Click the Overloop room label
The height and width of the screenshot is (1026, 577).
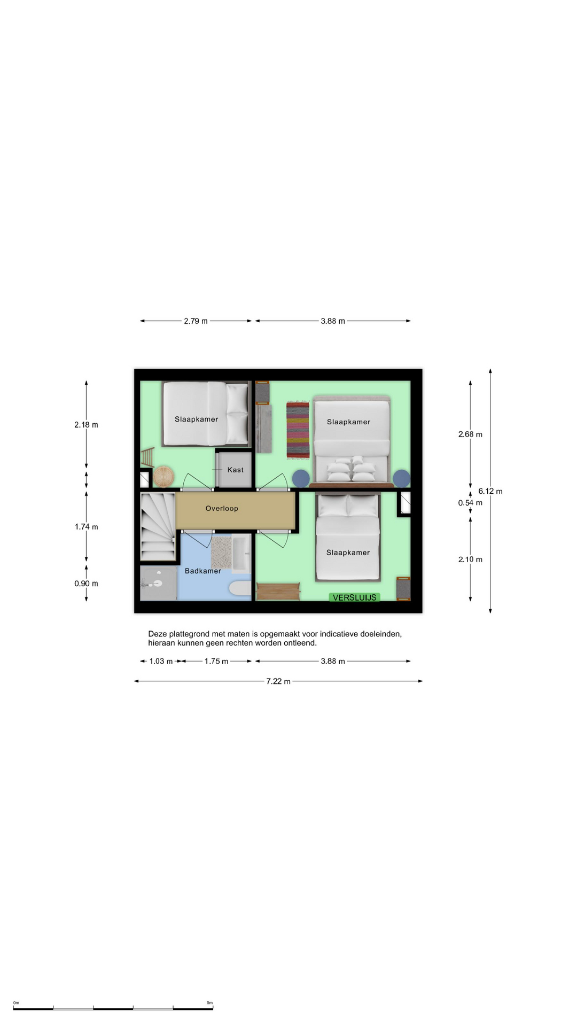[222, 508]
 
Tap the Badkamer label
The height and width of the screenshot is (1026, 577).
[202, 571]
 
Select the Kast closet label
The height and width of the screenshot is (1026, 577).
[235, 470]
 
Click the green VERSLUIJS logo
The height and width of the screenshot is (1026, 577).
[355, 597]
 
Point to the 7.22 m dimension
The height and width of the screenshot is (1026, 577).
[278, 681]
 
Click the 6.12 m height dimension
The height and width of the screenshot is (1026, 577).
[490, 491]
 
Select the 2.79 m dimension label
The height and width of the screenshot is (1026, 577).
[196, 321]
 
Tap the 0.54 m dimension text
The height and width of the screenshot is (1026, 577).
[470, 503]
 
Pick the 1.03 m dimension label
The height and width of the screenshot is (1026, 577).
[161, 662]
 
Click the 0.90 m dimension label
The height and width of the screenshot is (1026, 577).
[86, 584]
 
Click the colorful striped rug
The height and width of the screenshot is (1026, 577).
[298, 430]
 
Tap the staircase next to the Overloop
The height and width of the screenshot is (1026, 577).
[158, 526]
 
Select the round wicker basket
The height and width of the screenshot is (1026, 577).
[163, 477]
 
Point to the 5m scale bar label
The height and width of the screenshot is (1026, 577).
[209, 1003]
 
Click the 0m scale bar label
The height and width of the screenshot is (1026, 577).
[16, 1003]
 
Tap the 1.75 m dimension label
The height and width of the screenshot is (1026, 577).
[216, 662]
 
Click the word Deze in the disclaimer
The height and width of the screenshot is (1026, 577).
[158, 634]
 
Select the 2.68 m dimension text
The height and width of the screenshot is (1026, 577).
[470, 434]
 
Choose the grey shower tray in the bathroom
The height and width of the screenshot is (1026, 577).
[158, 584]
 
